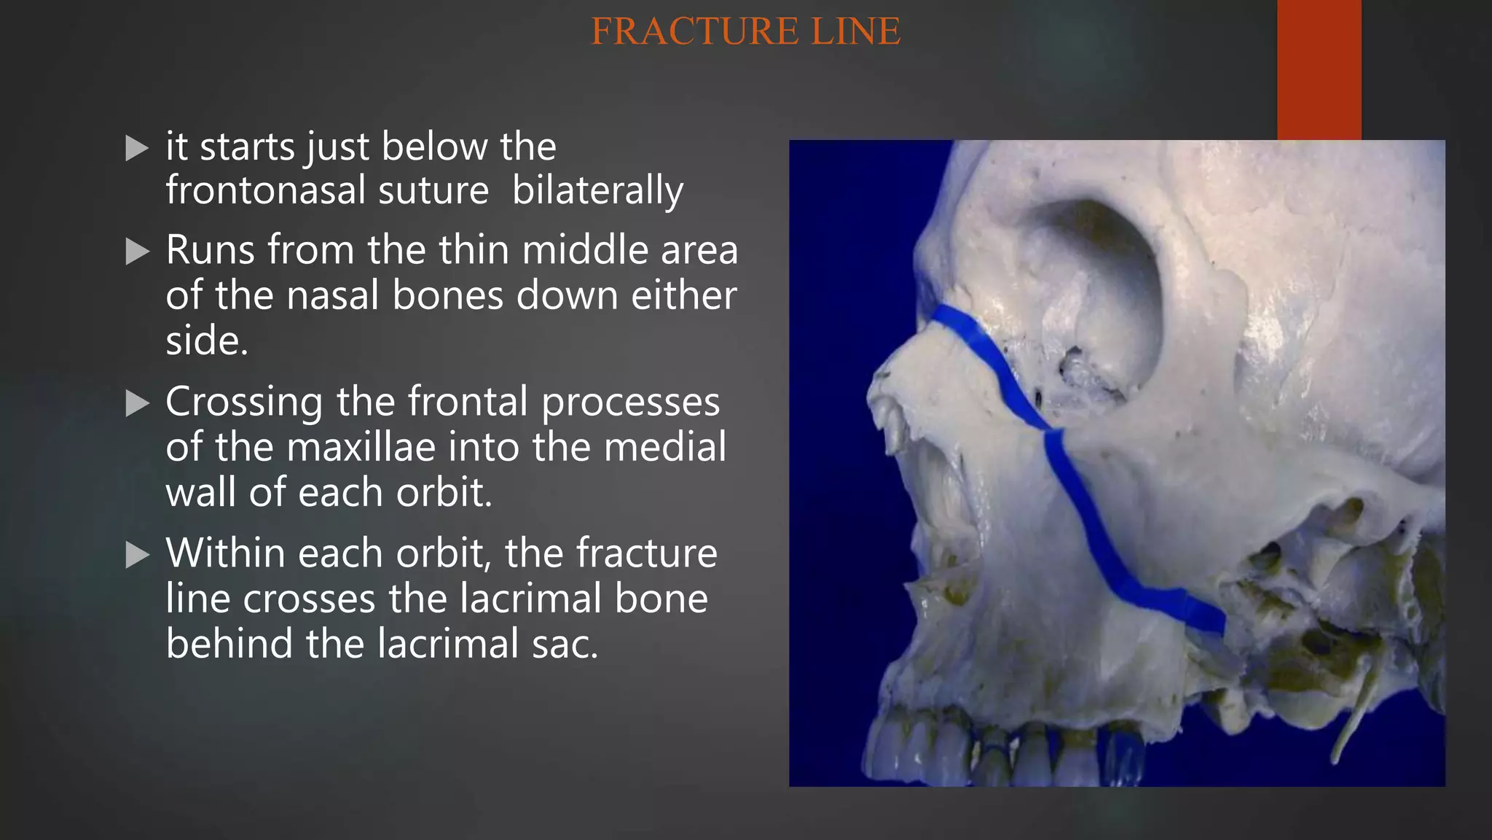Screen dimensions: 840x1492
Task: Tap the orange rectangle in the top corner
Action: point(1319,69)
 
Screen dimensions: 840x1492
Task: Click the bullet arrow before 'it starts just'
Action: point(136,148)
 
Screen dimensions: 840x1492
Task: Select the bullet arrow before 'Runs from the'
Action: point(136,252)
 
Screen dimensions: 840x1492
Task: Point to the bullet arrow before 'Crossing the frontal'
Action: point(136,403)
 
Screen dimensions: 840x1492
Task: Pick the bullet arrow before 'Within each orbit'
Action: point(136,555)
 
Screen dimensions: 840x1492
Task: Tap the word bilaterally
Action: point(597,191)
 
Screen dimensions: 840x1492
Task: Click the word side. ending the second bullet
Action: point(206,341)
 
